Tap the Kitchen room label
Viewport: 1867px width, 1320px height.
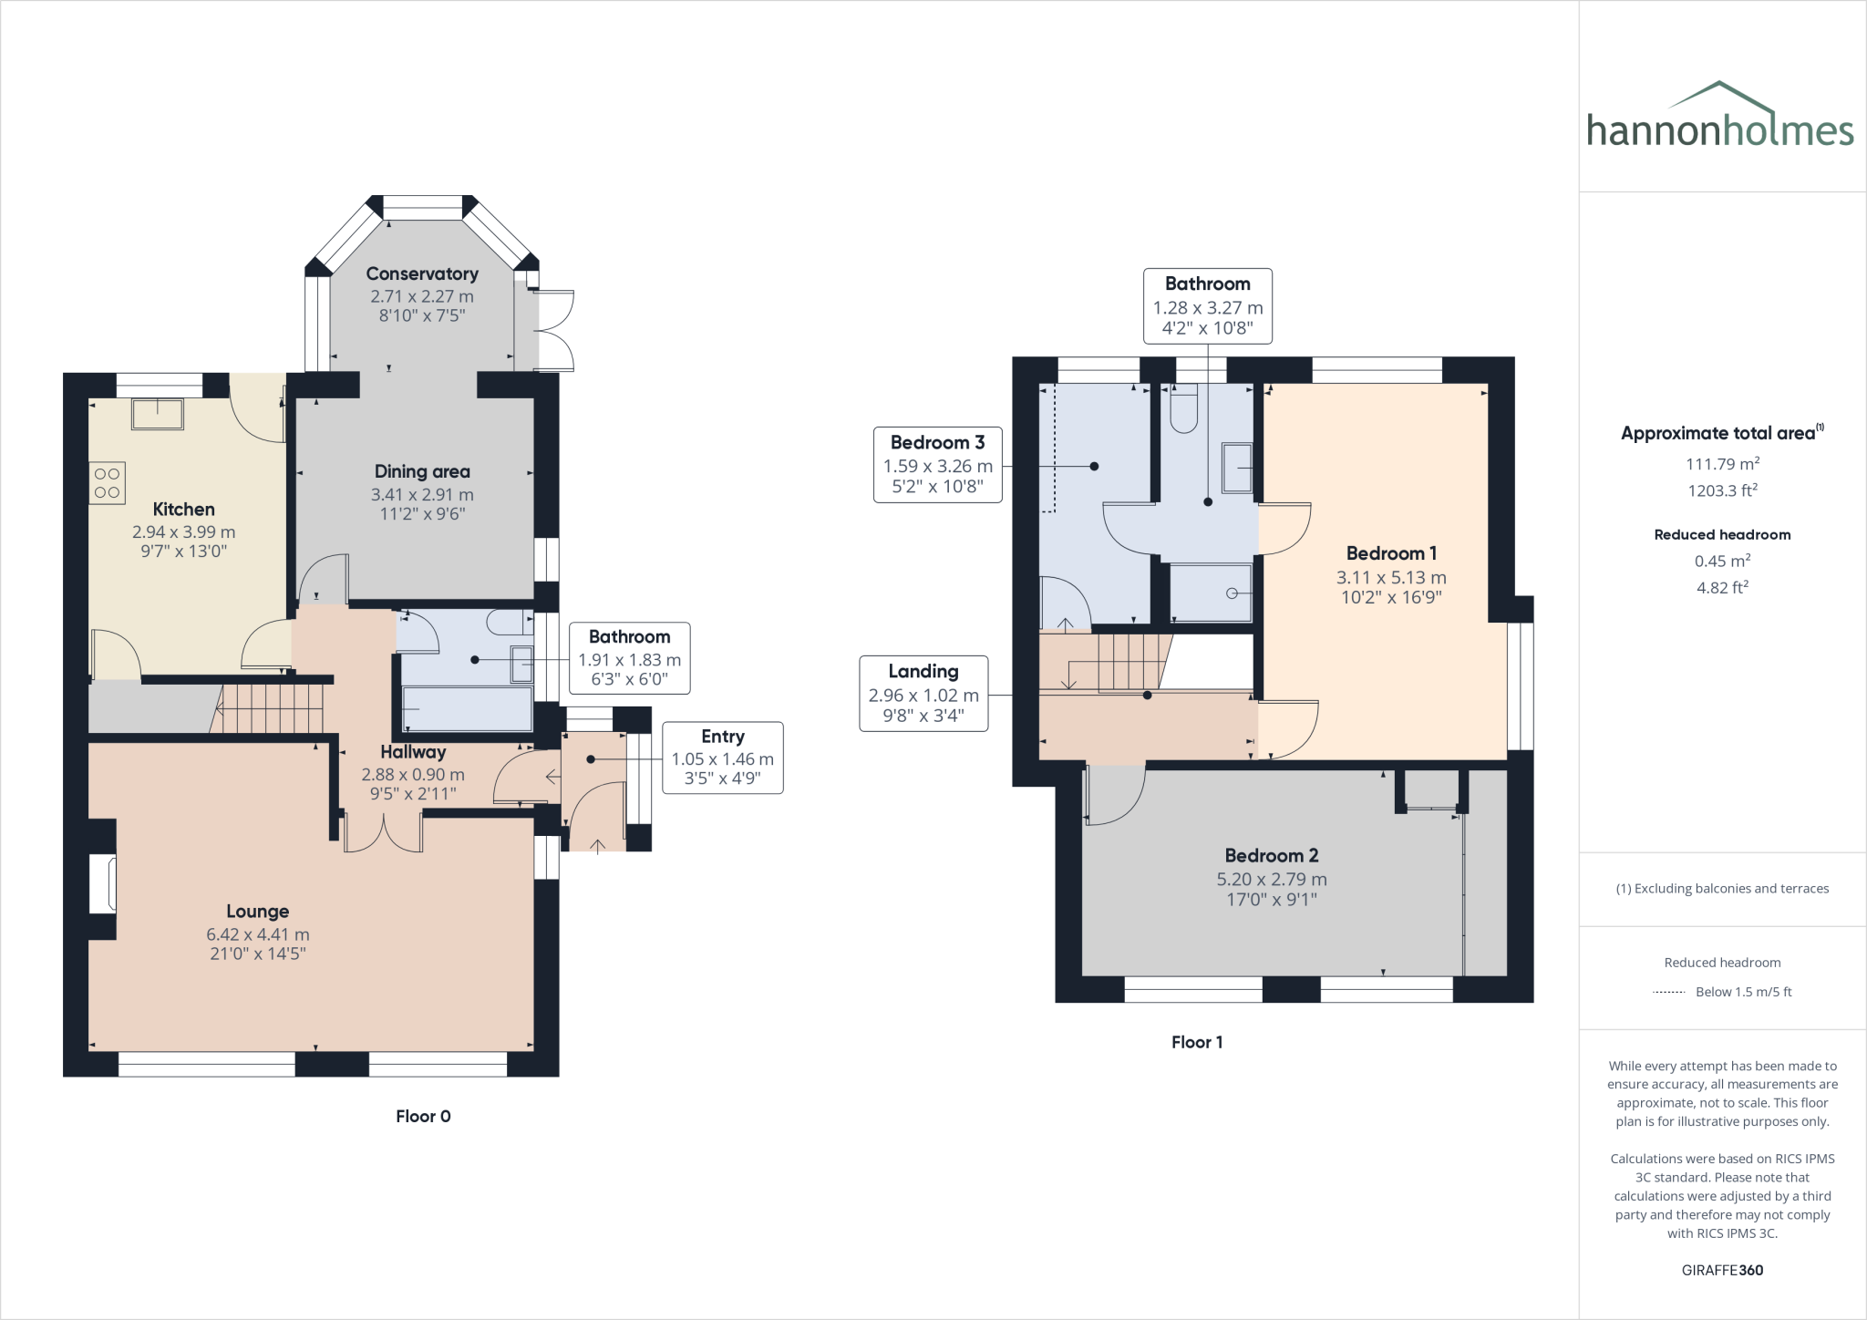183,510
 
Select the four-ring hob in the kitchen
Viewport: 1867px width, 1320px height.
107,483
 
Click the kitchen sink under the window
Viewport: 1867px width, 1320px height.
158,414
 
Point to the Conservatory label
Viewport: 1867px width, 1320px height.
422,273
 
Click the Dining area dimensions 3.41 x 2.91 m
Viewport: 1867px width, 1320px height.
422,495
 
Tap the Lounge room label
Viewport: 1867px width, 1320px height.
257,912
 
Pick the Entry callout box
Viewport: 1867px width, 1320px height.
722,758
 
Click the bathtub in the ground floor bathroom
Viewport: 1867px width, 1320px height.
467,709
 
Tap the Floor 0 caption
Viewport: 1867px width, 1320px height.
423,1117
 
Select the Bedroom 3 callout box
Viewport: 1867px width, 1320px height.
937,465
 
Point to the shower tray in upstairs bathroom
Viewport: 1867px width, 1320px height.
1211,593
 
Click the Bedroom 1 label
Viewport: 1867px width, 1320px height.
1391,553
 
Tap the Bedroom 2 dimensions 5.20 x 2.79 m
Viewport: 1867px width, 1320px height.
1272,880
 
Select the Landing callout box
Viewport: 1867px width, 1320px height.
923,694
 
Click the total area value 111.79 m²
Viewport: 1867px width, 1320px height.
1721,464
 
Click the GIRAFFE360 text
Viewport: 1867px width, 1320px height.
1722,1270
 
